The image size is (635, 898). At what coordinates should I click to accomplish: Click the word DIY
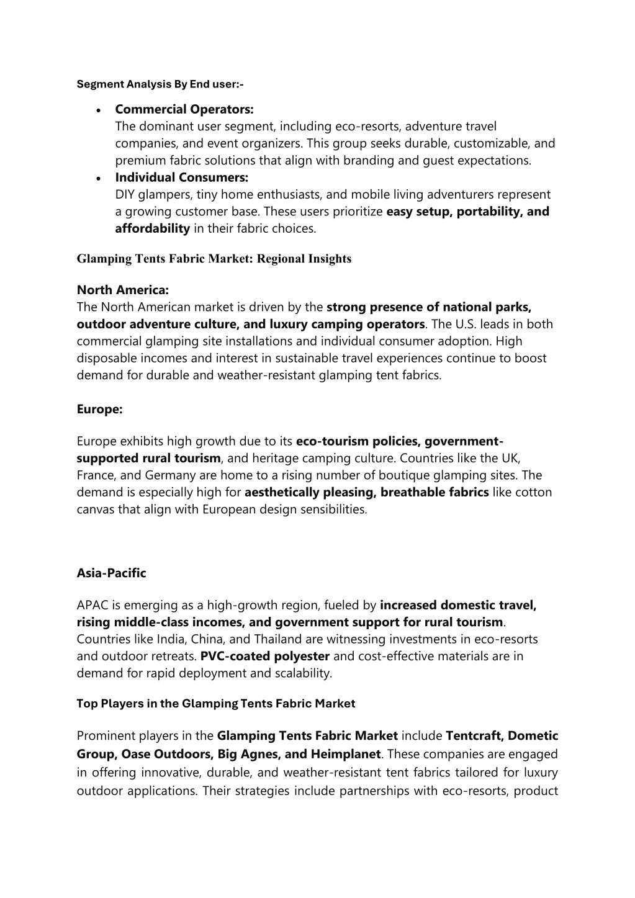click(125, 195)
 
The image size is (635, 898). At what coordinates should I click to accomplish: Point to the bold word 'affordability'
click(152, 228)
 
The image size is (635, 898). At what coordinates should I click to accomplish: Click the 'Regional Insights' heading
click(214, 259)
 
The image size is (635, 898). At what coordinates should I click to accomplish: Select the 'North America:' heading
click(122, 290)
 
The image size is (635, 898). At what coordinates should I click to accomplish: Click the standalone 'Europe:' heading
click(99, 409)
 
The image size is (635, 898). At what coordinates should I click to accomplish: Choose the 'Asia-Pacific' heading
click(111, 573)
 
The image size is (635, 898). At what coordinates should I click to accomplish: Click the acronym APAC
click(92, 605)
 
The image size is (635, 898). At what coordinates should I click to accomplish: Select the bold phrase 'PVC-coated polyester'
click(265, 656)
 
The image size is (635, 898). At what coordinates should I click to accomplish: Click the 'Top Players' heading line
click(215, 704)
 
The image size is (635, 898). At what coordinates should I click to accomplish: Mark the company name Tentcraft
click(473, 736)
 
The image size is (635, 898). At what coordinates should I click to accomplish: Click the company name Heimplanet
click(345, 754)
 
